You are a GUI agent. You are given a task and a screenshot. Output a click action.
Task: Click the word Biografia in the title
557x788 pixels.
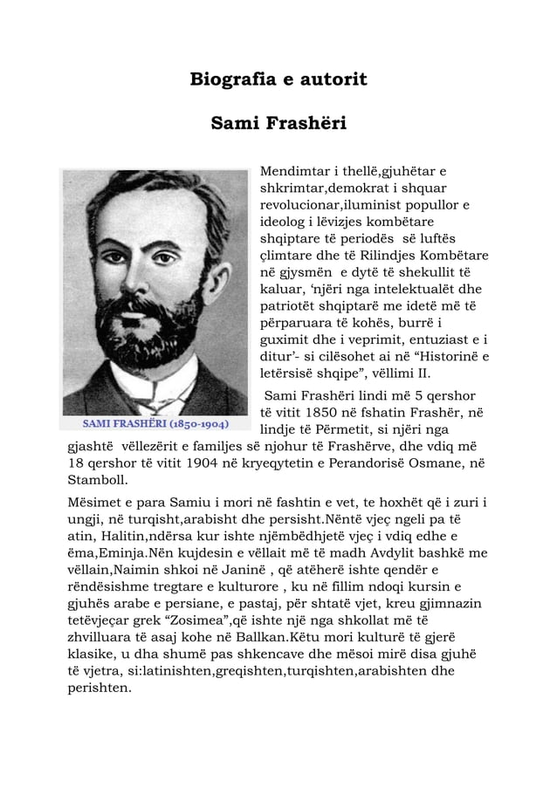(x=229, y=81)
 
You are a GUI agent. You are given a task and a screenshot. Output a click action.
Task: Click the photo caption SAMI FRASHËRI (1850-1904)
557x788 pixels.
(x=156, y=425)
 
